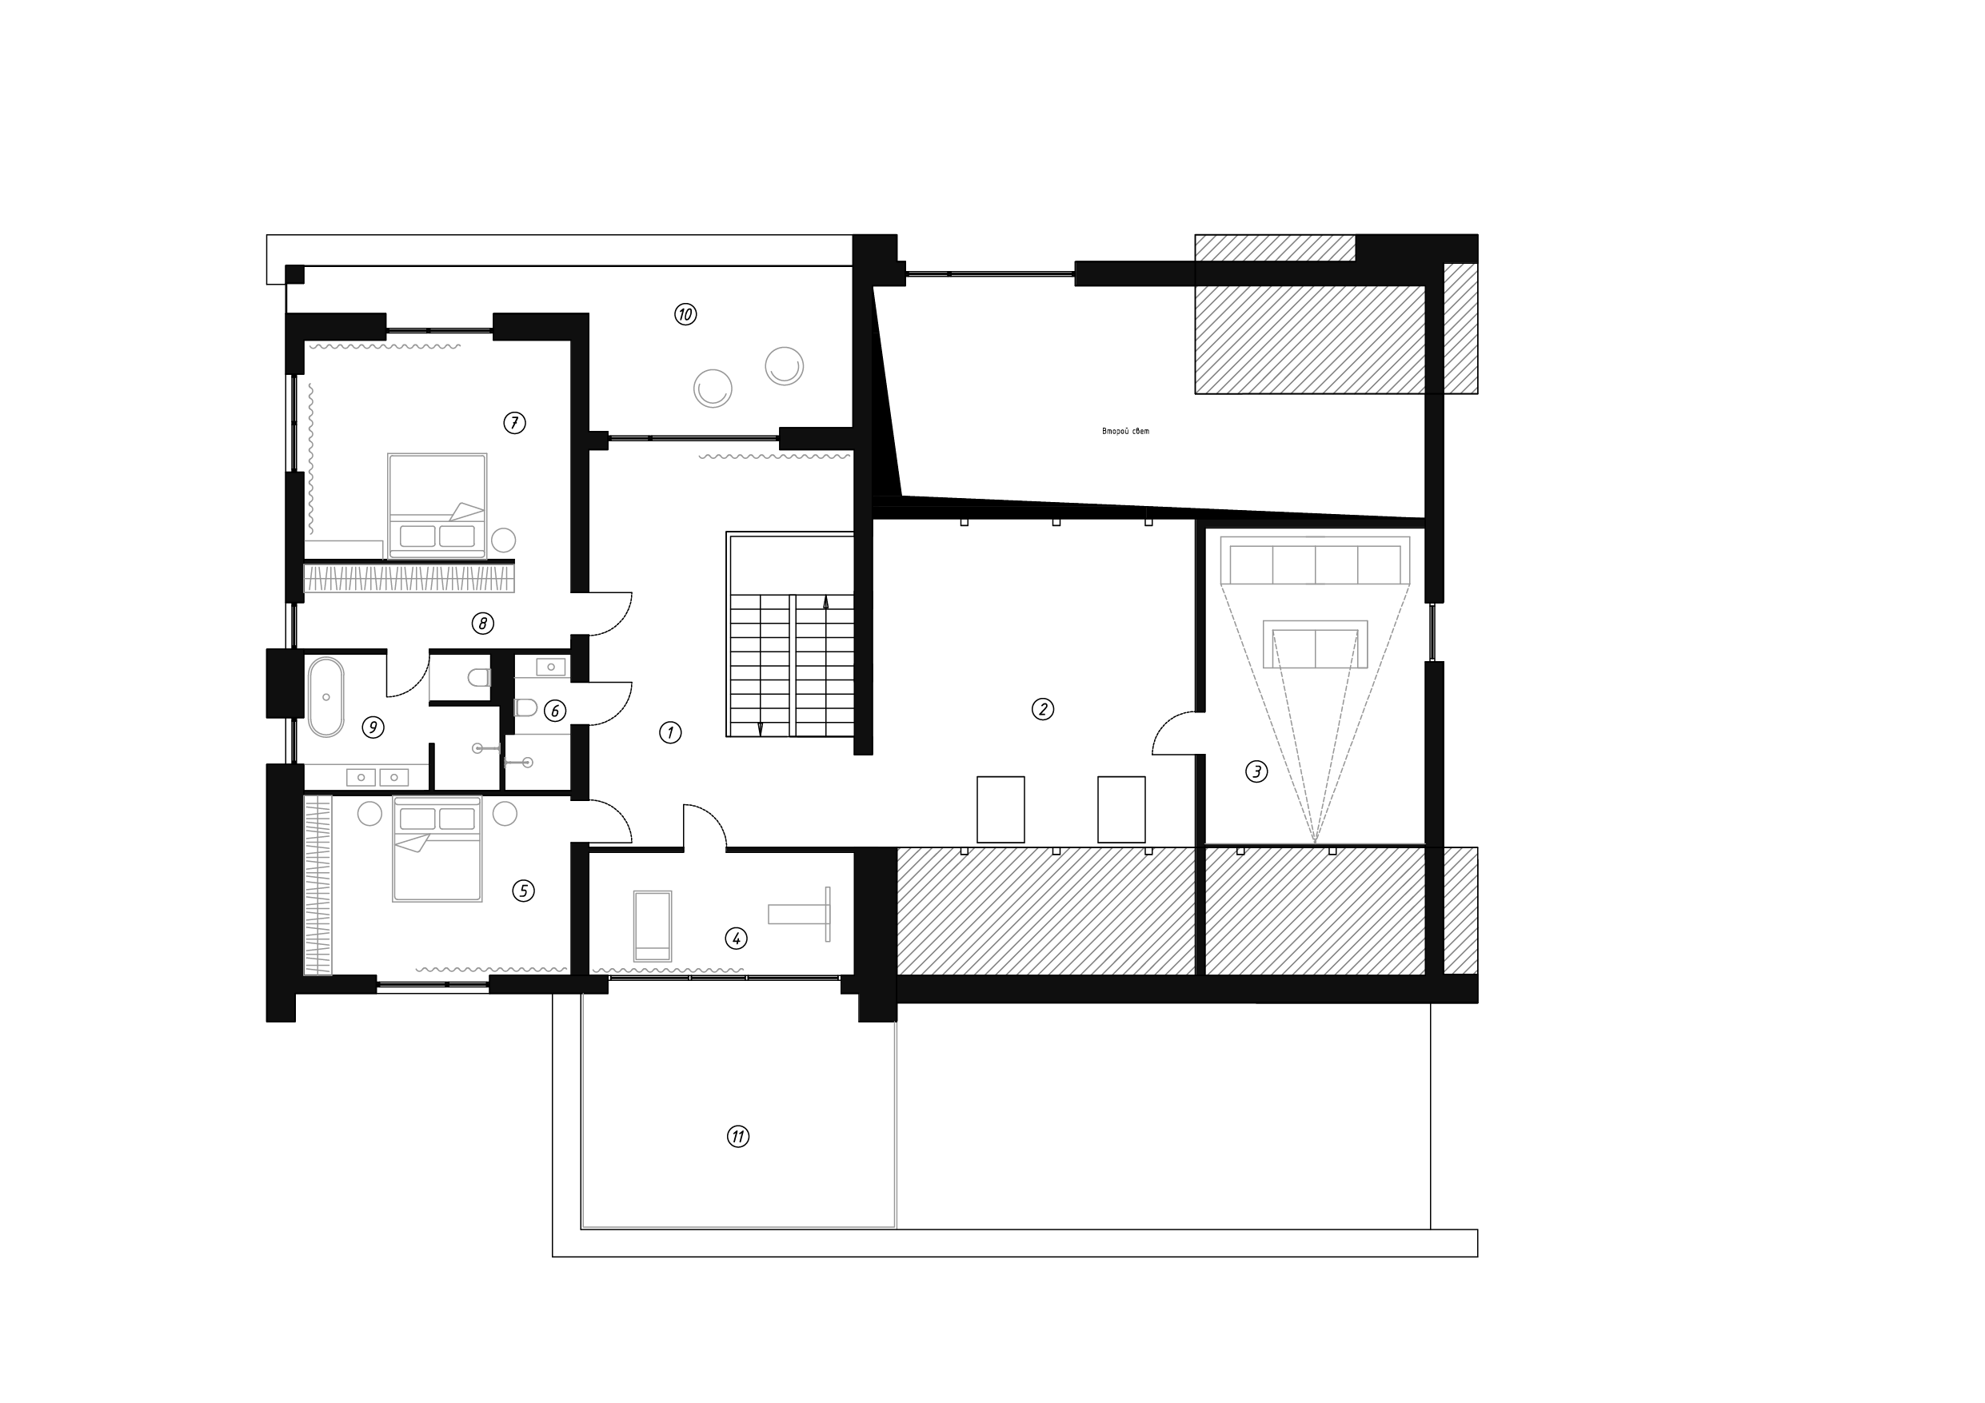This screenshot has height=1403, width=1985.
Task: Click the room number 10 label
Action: (x=685, y=315)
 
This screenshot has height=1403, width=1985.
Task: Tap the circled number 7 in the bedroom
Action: (x=514, y=423)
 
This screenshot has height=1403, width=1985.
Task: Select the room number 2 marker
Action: (x=1043, y=710)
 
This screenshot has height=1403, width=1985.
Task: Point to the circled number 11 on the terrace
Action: (x=737, y=1137)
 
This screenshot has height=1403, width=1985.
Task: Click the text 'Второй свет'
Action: (x=1125, y=432)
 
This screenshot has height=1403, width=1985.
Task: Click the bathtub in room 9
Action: (x=326, y=697)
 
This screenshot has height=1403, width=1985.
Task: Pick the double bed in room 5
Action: (x=437, y=849)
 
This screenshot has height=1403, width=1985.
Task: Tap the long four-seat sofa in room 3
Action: (x=1315, y=562)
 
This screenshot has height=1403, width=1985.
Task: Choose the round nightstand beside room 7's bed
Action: (x=504, y=541)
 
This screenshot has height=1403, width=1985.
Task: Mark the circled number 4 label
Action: (x=736, y=938)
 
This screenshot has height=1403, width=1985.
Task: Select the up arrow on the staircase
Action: (x=825, y=603)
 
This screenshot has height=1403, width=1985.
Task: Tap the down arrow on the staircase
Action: (x=760, y=729)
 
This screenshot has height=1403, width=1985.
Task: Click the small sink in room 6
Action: (x=551, y=667)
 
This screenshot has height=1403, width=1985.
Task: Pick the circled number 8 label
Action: (x=482, y=624)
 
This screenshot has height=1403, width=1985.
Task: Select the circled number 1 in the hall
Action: (x=670, y=733)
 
